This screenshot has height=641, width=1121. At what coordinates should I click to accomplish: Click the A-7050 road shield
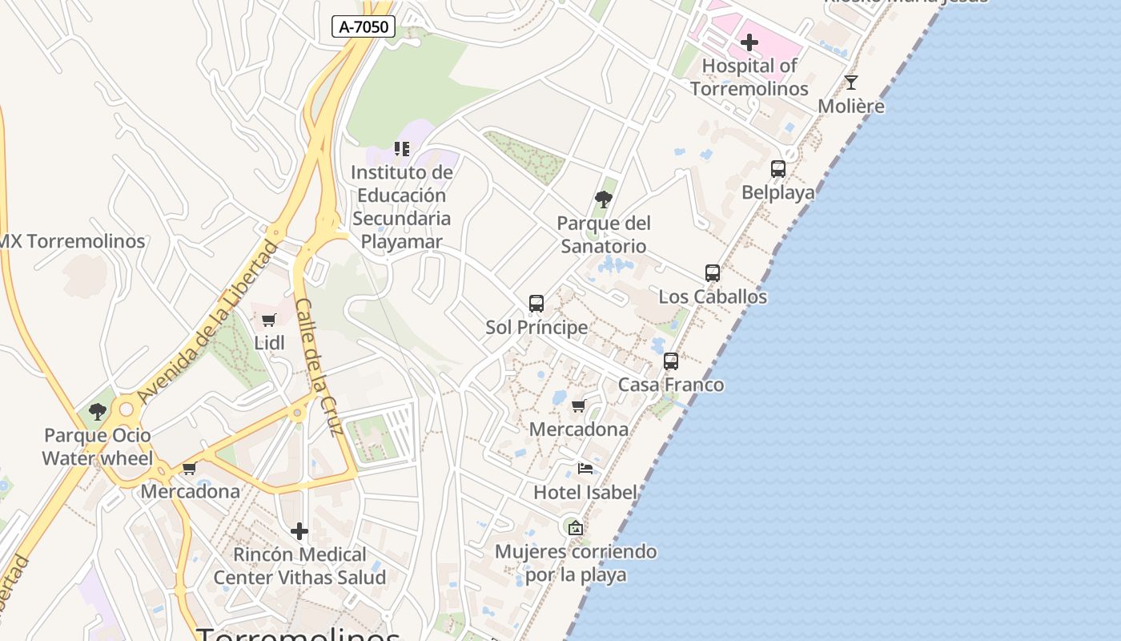364,26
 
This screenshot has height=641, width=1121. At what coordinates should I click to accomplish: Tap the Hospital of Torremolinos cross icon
749,42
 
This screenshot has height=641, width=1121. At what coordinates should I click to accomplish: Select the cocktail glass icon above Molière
851,82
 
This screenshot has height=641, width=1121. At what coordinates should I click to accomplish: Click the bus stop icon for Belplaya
778,169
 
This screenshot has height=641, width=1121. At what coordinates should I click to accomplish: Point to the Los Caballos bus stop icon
713,273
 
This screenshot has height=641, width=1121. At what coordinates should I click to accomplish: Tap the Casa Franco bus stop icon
671,361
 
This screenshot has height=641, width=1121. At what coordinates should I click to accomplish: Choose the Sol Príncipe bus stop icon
536,304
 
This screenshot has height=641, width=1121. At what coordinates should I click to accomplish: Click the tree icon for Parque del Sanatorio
604,200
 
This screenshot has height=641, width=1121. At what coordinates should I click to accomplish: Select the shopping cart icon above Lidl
269,320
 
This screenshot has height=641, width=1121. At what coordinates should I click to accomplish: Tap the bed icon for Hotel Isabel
585,469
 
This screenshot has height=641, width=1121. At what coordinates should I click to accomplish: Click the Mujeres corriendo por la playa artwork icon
575,528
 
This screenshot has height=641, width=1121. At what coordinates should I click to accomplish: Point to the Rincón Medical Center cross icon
299,531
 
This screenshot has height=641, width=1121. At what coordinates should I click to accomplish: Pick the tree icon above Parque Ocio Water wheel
98,413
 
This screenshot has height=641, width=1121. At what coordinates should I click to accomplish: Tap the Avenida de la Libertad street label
207,321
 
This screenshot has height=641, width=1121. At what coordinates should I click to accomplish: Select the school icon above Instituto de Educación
402,149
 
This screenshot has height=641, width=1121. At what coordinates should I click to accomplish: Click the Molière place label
851,106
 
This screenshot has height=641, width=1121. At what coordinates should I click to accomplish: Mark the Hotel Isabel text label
585,492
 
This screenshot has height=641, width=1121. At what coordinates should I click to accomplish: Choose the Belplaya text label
778,192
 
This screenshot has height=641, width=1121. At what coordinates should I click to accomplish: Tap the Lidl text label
269,343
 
